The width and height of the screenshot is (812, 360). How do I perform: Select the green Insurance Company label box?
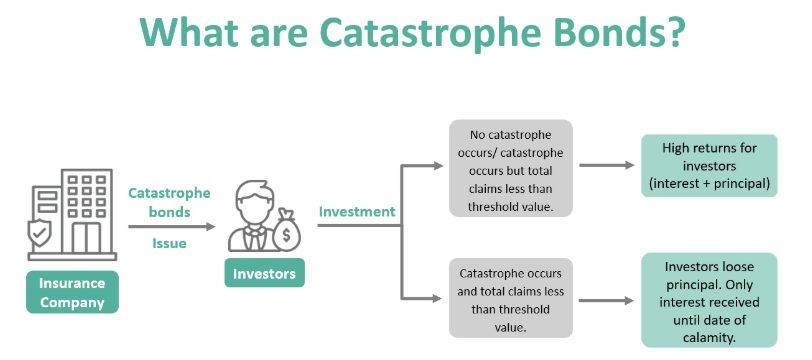tap(72, 292)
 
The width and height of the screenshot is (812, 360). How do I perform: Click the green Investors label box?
tap(263, 273)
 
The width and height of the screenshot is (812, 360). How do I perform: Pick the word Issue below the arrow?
tap(169, 243)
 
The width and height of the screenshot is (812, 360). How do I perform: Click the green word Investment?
tap(357, 212)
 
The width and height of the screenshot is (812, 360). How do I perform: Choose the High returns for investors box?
tap(709, 166)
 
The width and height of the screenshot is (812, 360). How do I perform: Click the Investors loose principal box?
tap(709, 299)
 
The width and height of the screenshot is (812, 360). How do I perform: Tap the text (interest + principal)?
tap(709, 184)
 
